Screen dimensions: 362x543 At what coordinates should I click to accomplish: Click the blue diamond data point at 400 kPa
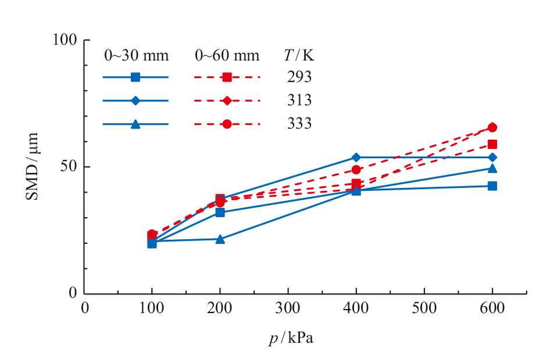[356, 158]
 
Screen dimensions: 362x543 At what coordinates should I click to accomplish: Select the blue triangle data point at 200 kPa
[220, 239]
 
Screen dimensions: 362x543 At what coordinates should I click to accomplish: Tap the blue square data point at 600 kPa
[492, 186]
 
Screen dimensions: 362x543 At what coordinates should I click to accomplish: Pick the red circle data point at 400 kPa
[356, 170]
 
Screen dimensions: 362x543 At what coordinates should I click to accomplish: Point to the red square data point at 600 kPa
[492, 144]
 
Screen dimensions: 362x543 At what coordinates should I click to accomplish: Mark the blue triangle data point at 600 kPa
[492, 169]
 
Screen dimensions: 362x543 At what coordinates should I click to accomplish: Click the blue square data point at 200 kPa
[220, 212]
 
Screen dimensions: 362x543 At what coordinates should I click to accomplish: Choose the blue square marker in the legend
[135, 77]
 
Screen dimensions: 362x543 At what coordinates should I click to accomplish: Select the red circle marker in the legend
[227, 124]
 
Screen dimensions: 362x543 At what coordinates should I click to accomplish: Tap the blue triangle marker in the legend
[135, 124]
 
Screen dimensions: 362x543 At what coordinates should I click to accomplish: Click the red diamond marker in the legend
[227, 101]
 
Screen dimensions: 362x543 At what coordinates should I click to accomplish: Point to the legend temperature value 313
[299, 101]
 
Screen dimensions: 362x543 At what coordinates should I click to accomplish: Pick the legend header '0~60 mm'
[227, 56]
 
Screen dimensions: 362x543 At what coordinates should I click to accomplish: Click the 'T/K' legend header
[299, 55]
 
